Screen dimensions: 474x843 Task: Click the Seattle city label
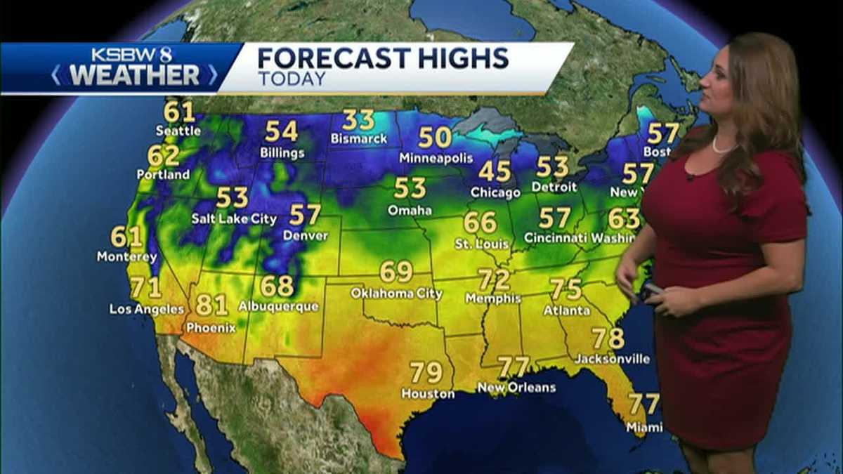tap(178, 131)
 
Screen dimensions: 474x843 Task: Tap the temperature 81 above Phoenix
tap(211, 305)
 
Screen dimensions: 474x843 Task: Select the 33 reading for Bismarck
tap(358, 120)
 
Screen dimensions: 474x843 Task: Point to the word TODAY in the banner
tap(292, 79)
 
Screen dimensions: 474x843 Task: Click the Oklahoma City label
tap(396, 293)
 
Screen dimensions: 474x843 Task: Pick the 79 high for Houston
tap(426, 371)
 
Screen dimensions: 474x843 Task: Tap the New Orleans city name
tap(516, 388)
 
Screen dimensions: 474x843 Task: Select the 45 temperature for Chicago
tap(495, 171)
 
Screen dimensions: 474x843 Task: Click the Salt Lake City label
tap(234, 219)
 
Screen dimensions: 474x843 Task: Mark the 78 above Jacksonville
tap(608, 338)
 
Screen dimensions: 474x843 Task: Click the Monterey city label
tap(127, 257)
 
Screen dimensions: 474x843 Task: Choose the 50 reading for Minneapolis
tap(436, 137)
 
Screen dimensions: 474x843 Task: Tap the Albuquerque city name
tap(278, 307)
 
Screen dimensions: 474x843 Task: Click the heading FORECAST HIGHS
tap(383, 58)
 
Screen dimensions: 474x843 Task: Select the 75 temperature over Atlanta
tap(566, 289)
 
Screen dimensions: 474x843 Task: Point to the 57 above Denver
tap(305, 214)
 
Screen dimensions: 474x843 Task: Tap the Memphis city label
tap(493, 298)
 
